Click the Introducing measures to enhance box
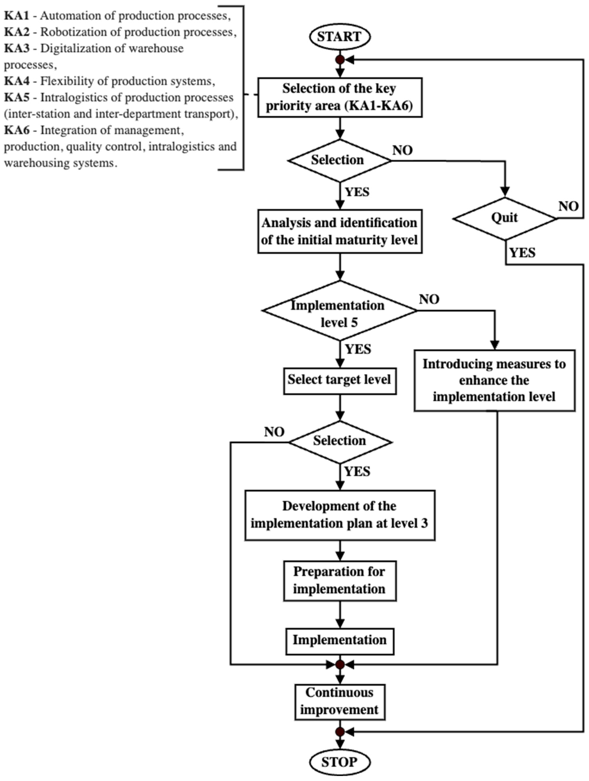(494, 381)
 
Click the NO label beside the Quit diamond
(568, 206)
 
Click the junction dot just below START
(340, 60)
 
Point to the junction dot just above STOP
(340, 732)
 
